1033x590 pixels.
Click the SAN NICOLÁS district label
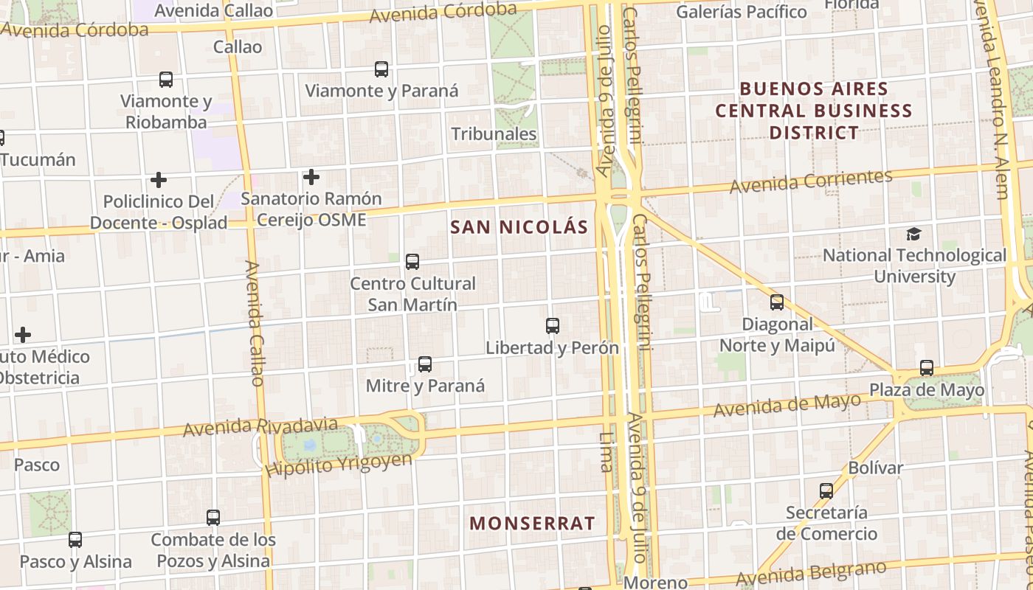(x=519, y=227)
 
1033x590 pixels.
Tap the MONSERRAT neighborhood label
(x=532, y=524)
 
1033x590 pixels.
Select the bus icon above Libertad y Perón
(x=552, y=325)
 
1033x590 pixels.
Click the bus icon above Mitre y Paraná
(x=424, y=364)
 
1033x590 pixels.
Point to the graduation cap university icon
(x=914, y=235)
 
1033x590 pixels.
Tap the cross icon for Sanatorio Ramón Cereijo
(x=311, y=177)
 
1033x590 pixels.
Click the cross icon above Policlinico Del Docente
(x=158, y=179)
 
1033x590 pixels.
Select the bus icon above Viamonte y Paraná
(x=381, y=69)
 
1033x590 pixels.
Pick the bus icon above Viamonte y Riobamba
(x=166, y=79)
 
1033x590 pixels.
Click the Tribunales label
(x=494, y=134)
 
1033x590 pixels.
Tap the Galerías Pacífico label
(x=742, y=12)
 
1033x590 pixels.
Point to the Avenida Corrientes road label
(x=811, y=181)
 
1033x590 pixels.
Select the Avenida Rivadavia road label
(x=260, y=427)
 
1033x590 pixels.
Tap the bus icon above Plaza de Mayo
(x=927, y=367)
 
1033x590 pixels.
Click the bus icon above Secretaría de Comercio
(x=826, y=490)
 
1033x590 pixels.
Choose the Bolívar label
(x=876, y=468)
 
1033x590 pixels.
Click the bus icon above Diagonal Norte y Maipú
(x=777, y=302)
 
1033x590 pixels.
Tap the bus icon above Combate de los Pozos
(x=213, y=517)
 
